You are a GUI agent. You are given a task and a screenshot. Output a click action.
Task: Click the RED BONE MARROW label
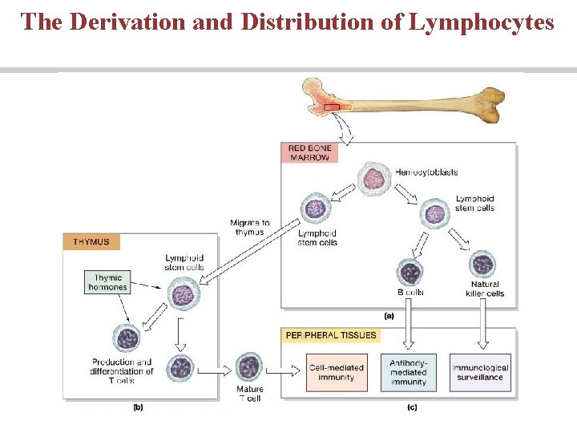click(309, 152)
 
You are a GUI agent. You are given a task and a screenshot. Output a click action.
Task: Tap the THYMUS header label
click(92, 241)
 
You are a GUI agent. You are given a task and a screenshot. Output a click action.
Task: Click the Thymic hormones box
click(106, 282)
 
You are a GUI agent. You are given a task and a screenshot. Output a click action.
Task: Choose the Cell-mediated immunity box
click(336, 373)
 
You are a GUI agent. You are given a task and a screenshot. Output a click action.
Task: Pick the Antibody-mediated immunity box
click(408, 372)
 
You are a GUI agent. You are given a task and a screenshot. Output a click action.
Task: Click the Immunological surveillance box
click(480, 373)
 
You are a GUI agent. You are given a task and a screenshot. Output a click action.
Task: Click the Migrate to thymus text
click(249, 227)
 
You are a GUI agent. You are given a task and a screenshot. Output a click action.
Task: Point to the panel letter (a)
click(412, 314)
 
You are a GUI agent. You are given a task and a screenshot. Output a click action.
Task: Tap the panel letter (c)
click(412, 407)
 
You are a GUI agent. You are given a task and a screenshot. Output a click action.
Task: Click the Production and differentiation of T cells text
click(122, 371)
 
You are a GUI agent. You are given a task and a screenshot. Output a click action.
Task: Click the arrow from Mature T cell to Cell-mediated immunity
click(286, 372)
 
